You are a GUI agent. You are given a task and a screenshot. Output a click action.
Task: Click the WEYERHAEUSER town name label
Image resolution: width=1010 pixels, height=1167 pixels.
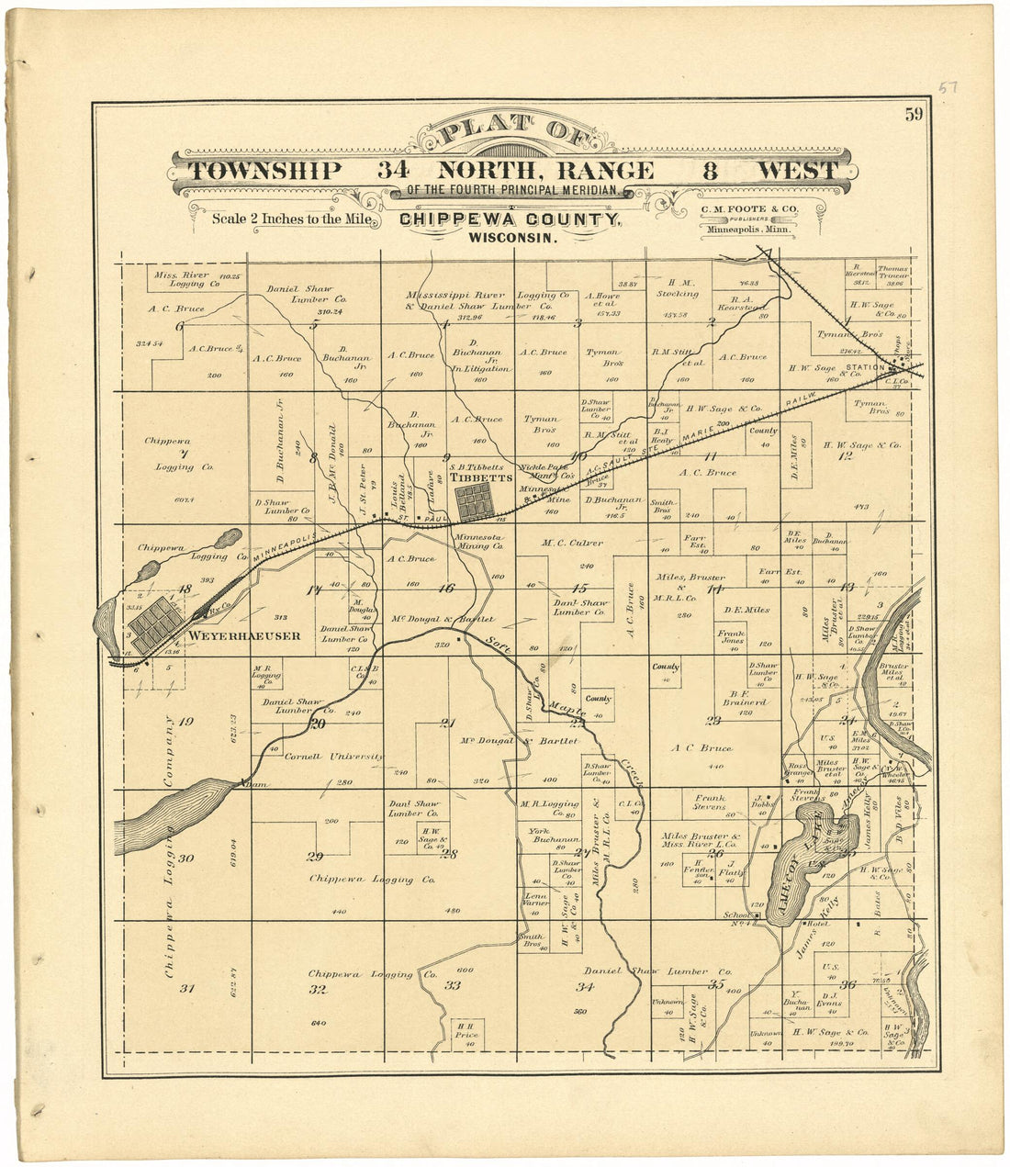pyautogui.click(x=243, y=635)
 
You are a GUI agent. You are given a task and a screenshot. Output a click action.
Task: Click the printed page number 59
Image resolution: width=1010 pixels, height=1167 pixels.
pyautogui.click(x=913, y=115)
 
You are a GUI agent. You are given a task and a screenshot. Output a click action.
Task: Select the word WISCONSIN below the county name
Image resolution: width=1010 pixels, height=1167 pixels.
pyautogui.click(x=511, y=238)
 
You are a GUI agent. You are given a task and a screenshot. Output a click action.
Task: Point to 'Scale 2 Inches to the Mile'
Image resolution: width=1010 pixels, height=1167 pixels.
pyautogui.click(x=291, y=219)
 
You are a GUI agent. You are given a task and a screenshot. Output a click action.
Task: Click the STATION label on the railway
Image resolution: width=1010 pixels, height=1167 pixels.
pyautogui.click(x=865, y=367)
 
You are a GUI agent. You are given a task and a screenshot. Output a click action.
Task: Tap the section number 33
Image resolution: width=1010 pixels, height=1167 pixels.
pyautogui.click(x=452, y=986)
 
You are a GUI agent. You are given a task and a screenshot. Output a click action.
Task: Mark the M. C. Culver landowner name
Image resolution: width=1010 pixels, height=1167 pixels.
pyautogui.click(x=572, y=543)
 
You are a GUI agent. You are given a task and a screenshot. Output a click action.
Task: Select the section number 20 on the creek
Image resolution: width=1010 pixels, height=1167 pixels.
pyautogui.click(x=318, y=724)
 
